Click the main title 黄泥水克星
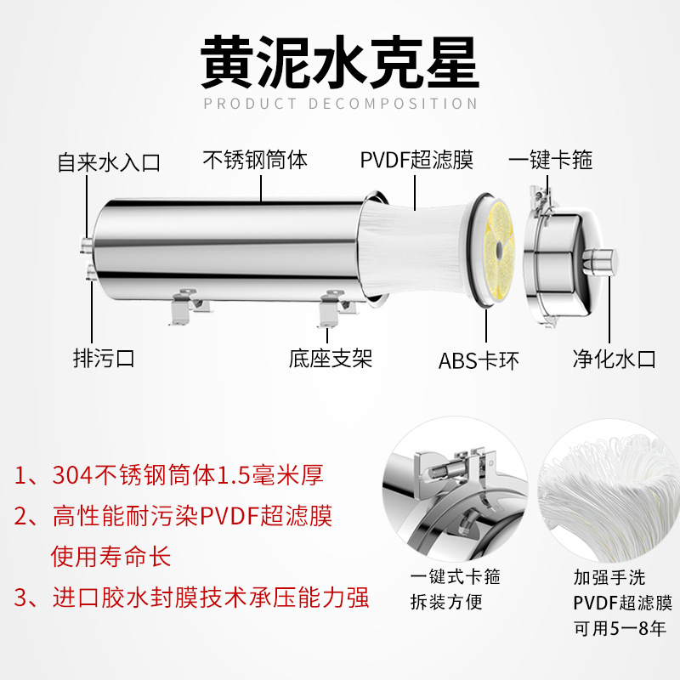point(340,62)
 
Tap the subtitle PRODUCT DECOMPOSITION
point(341,104)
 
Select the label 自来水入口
point(109,163)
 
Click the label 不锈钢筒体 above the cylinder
point(255,160)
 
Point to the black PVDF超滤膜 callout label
point(416,160)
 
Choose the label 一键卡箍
point(550,160)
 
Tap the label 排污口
point(104,359)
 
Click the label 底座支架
point(331,359)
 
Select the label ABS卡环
point(479,360)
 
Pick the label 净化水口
point(614,359)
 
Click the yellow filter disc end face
point(500,250)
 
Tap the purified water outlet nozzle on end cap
point(600,262)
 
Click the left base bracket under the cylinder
point(187,307)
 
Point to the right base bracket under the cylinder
point(335,309)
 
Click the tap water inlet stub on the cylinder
point(86,243)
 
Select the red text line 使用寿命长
point(111,557)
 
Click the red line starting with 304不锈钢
point(168,475)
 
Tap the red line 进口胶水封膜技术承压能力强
point(191,598)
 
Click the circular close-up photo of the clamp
point(455,490)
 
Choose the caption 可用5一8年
point(620,628)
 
